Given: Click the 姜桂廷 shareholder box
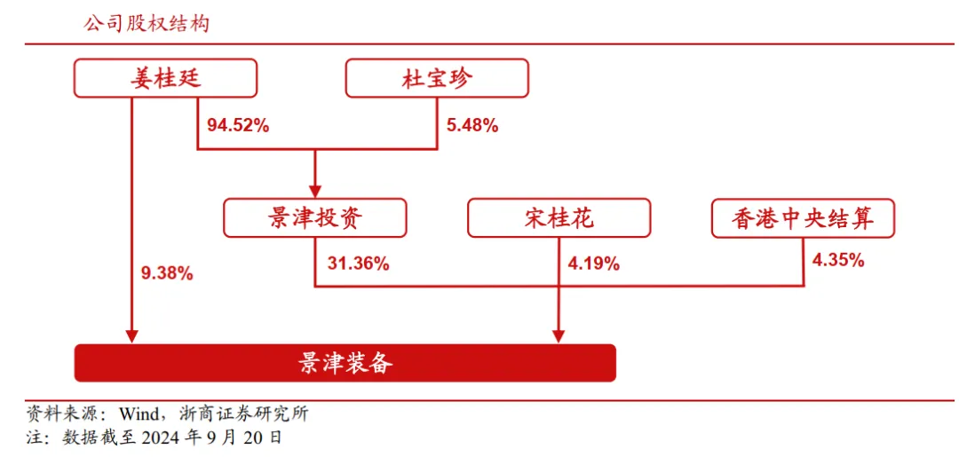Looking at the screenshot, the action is (x=165, y=77).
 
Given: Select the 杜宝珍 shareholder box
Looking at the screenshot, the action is (x=437, y=77).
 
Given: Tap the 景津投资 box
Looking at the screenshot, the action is (x=314, y=217).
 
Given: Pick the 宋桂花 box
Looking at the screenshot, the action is (x=559, y=217).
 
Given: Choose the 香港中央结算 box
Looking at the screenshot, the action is (x=803, y=217).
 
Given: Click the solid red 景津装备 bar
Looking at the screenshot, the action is (x=345, y=363).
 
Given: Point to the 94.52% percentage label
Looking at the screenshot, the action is (x=238, y=127).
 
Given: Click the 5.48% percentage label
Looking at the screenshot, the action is (x=472, y=127).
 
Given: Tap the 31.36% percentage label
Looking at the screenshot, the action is (x=359, y=264).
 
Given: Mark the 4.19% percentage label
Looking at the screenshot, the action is (x=593, y=264).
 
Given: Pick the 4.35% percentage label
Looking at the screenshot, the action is (x=838, y=260).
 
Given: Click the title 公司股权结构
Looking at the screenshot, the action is (x=147, y=25).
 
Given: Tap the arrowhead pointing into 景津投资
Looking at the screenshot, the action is (x=314, y=186).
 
